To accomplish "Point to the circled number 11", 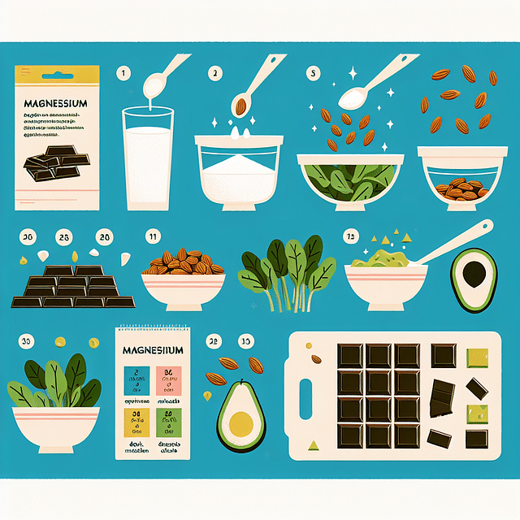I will (151, 236).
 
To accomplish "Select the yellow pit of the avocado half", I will (241, 422).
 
